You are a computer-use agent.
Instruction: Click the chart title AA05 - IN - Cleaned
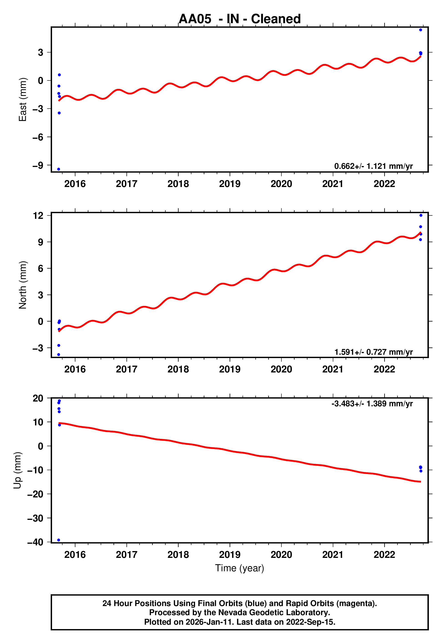240,19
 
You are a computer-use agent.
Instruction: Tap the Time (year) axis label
240,568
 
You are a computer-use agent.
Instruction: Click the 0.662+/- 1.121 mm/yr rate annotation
373,166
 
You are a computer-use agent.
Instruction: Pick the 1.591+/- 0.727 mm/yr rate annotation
373,352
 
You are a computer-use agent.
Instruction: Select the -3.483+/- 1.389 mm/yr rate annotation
372,404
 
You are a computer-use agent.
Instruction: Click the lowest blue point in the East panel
59,169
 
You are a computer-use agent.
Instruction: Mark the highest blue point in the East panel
421,30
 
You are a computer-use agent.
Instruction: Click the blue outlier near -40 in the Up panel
59,540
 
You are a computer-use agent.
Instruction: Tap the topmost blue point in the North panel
421,215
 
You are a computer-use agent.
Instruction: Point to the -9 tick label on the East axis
38,165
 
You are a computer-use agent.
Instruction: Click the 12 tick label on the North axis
38,216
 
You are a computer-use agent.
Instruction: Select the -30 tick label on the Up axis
35,518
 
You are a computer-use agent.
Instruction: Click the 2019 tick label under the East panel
230,184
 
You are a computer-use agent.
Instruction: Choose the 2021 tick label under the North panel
333,369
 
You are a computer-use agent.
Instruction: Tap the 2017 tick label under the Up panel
127,554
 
